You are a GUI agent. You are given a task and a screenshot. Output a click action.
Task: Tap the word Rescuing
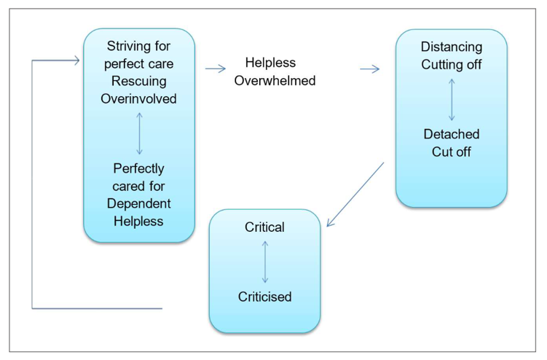(138, 80)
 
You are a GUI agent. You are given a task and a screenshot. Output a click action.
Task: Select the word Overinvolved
(138, 98)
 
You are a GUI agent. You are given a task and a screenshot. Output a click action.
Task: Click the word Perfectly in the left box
(138, 168)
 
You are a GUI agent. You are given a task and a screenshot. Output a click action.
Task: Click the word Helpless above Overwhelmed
(270, 63)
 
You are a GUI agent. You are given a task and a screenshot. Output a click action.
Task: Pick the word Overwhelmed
(274, 80)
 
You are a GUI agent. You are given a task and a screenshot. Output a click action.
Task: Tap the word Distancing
(451, 47)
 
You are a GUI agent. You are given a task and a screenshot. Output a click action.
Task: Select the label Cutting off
(451, 64)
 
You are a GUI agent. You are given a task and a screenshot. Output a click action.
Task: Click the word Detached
(451, 134)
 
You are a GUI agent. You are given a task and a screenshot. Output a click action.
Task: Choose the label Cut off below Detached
(451, 152)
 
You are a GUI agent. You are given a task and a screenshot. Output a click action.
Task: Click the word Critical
(264, 227)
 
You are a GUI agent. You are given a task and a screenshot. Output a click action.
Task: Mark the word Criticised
(264, 297)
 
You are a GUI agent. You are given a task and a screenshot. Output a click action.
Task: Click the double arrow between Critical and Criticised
(264, 262)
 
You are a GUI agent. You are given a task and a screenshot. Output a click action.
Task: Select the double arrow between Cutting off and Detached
(452, 99)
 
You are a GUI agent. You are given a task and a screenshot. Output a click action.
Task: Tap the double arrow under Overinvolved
(139, 133)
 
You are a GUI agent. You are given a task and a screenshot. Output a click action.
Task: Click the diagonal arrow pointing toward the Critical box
(355, 195)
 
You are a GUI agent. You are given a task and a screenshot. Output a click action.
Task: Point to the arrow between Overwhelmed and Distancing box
(370, 69)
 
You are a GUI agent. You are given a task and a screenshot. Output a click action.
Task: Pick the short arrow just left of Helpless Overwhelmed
(215, 69)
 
